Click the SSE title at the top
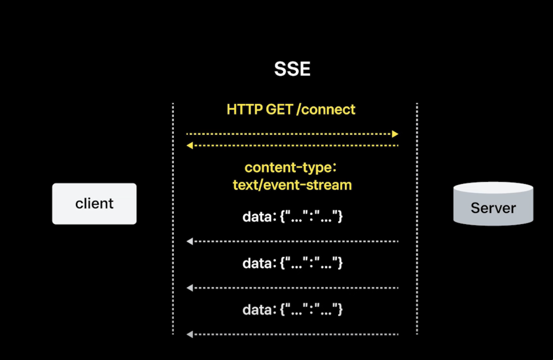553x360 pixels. tap(292, 69)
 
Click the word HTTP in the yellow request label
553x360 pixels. tap(245, 109)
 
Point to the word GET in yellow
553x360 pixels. tap(279, 109)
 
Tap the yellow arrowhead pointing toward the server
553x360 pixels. tap(395, 134)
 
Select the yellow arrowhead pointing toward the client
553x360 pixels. tap(190, 145)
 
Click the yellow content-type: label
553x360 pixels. tap(292, 168)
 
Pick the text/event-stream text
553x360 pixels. tap(292, 185)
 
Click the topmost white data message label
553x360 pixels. tap(292, 217)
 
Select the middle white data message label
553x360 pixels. tap(292, 263)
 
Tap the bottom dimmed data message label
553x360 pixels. tap(292, 310)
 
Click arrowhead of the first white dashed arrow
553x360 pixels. tap(190, 241)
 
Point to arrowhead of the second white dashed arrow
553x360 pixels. tap(190, 288)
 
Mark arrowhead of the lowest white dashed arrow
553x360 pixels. tap(190, 335)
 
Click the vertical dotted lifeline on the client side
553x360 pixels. tap(173, 219)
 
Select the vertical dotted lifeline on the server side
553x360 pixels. tap(417, 219)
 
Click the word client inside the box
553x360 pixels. tap(94, 204)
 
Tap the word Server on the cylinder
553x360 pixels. tap(493, 208)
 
